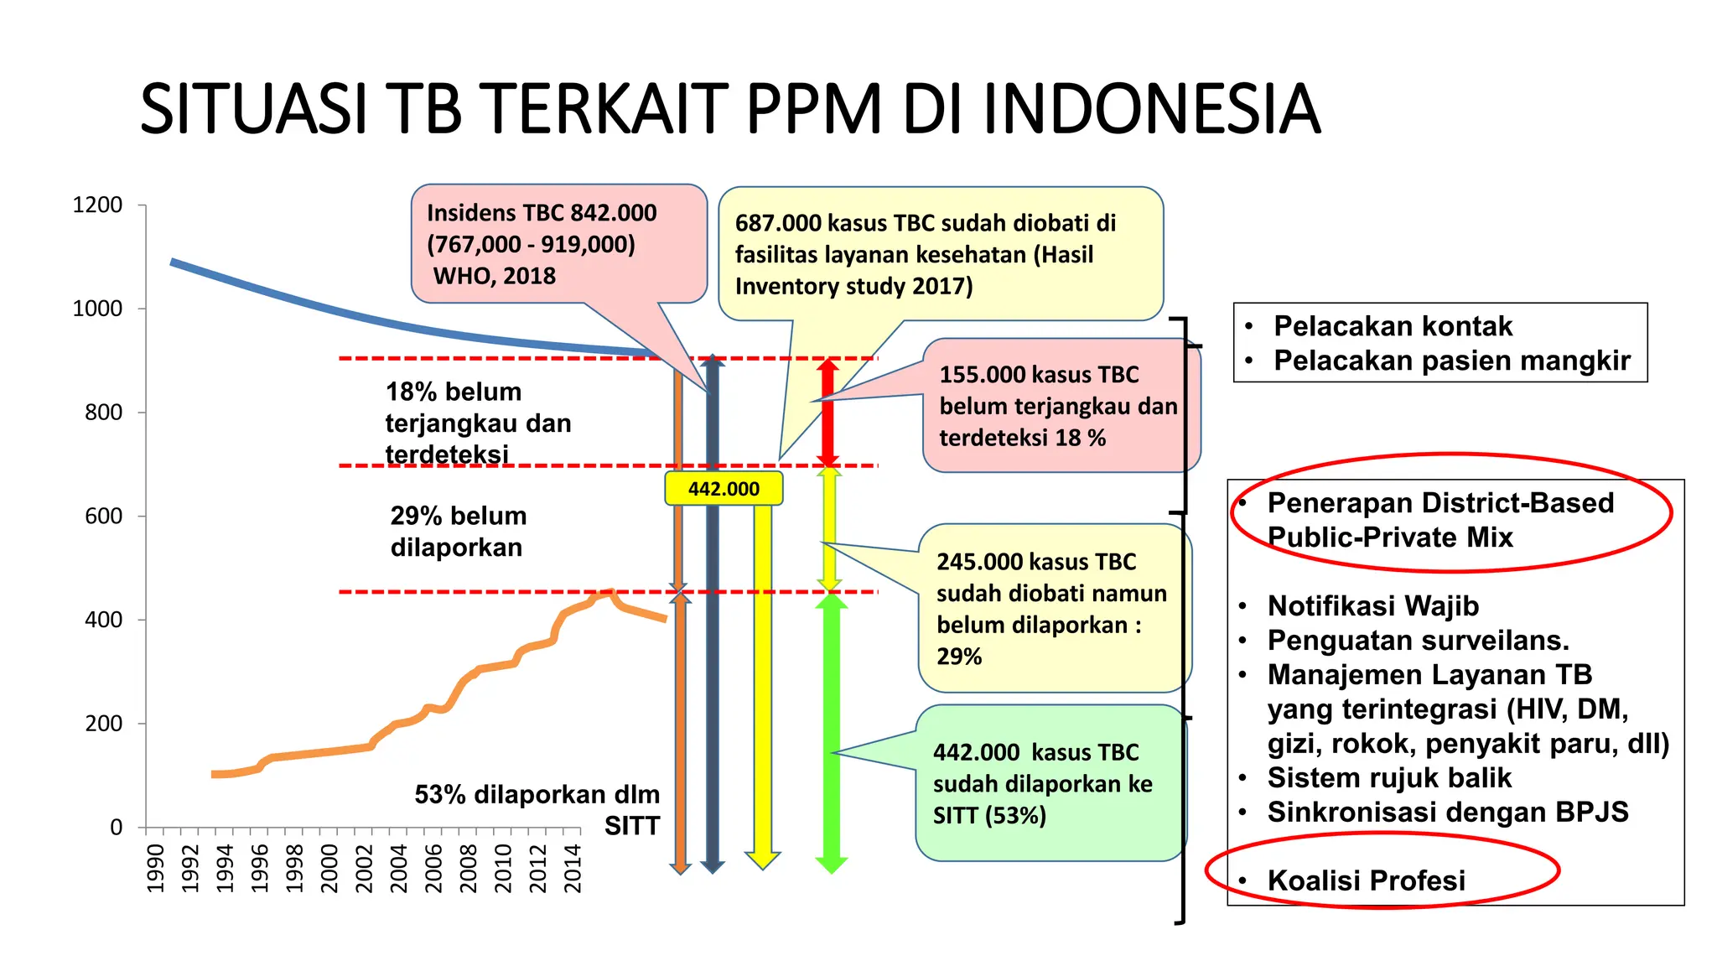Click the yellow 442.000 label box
coord(724,489)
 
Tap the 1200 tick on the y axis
coord(98,205)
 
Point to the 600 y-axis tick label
coord(103,517)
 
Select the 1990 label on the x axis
coord(156,869)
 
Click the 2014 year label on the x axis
coord(572,869)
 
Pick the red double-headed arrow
coord(828,412)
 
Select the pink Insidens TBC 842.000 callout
coord(558,244)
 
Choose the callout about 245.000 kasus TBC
coord(1051,609)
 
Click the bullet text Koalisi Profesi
coord(1366,880)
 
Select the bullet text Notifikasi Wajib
coord(1372,605)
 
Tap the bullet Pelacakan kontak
coord(1393,326)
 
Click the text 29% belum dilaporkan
coord(458,532)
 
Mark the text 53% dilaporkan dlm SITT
coord(537,809)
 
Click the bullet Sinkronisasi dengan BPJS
coord(1447,812)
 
